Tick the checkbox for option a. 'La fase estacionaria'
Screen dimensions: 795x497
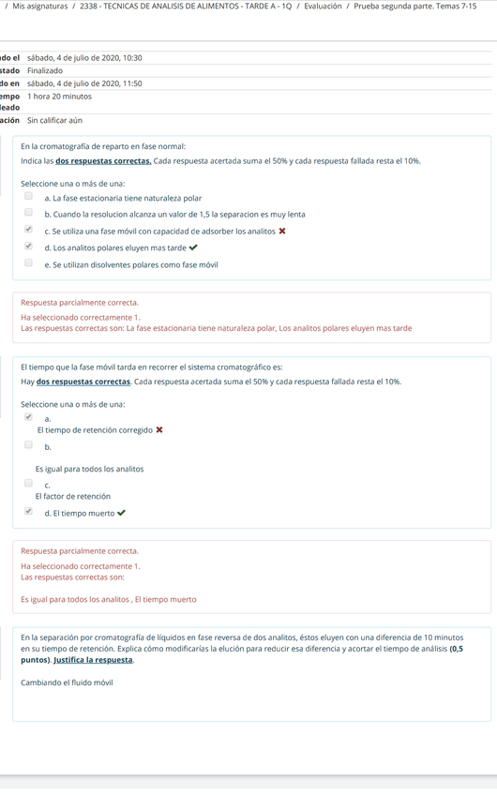(x=28, y=197)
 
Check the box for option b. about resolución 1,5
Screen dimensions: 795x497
(x=28, y=213)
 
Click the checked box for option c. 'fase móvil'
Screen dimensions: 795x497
(x=28, y=230)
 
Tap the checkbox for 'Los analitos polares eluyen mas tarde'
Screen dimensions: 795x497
(x=28, y=247)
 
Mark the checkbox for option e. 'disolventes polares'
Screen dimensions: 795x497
(x=28, y=263)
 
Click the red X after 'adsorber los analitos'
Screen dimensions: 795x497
(x=282, y=231)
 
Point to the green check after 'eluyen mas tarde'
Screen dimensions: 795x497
(x=193, y=247)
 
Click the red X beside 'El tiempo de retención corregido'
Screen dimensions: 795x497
(x=159, y=430)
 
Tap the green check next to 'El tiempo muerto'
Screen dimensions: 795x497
(x=122, y=513)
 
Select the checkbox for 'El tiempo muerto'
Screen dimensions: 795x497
(x=28, y=512)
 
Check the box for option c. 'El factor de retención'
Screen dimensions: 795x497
(x=28, y=484)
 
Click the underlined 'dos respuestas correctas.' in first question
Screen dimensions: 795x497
(x=104, y=161)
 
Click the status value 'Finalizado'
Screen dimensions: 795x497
(x=45, y=70)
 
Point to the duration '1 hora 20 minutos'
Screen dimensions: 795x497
(x=59, y=96)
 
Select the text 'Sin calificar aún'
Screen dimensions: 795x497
(x=54, y=120)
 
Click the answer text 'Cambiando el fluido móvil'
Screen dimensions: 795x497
(x=67, y=682)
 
